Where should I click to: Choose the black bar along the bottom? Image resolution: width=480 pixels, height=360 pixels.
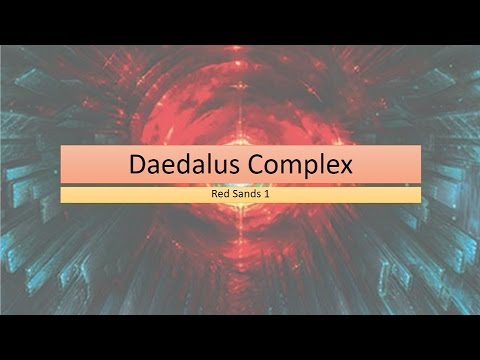(x=240, y=337)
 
